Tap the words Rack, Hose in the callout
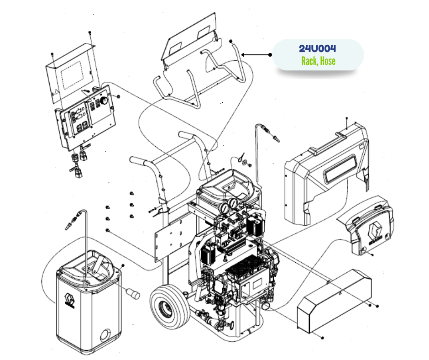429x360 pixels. (x=318, y=61)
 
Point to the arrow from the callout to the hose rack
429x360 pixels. (x=256, y=55)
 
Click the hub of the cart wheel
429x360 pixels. (x=167, y=311)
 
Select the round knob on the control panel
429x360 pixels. (x=105, y=100)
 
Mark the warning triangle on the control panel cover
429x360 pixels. (x=56, y=91)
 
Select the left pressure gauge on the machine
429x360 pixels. (x=225, y=208)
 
